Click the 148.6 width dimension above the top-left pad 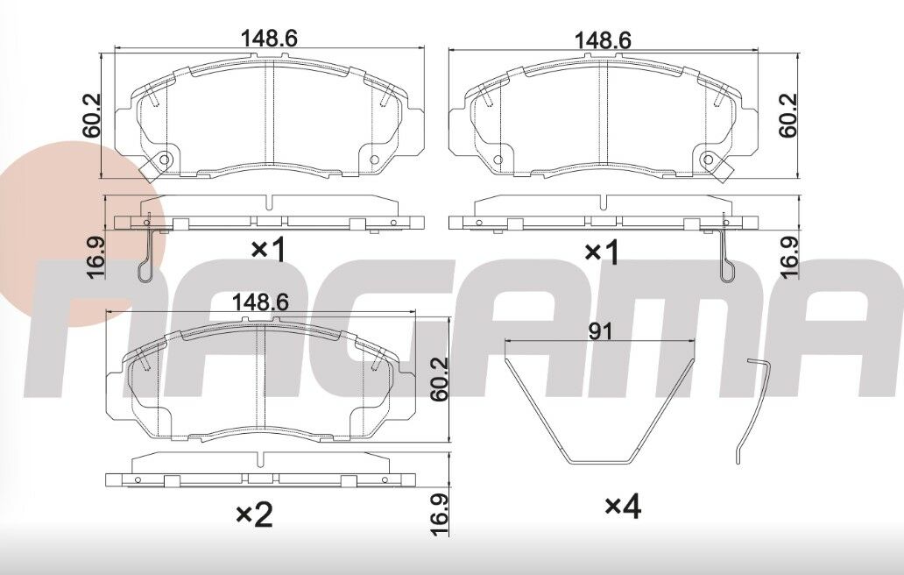(269, 38)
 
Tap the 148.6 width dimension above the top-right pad (603, 40)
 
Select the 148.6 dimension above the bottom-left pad (260, 302)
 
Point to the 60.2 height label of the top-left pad (92, 115)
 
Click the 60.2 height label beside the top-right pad (788, 115)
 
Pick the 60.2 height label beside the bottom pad (440, 379)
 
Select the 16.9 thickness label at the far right (788, 257)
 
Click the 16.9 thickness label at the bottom (440, 515)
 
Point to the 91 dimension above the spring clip (600, 331)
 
